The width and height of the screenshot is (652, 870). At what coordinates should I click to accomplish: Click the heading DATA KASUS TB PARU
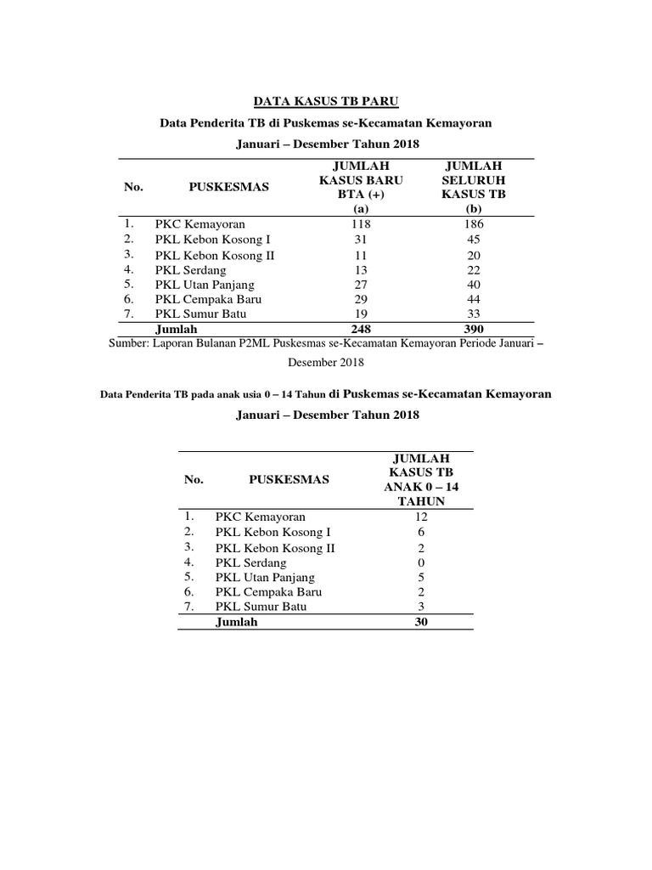[327, 102]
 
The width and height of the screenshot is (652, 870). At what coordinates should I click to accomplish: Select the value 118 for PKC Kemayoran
[361, 224]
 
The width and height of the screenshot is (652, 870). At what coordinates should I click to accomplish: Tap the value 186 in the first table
[474, 224]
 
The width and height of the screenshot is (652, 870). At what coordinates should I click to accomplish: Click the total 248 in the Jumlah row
[361, 328]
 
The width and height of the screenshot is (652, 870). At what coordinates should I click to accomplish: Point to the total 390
[474, 328]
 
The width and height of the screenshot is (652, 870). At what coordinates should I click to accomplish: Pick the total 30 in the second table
[421, 622]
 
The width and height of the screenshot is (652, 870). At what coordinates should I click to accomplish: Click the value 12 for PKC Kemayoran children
[421, 517]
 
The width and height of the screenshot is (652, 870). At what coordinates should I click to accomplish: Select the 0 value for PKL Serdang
[421, 562]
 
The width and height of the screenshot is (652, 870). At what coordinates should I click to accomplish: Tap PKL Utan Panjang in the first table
[205, 285]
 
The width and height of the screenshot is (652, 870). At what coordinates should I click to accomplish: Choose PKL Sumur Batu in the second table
[261, 607]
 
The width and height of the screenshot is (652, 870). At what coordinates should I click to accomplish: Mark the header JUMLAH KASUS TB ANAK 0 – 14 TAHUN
[421, 479]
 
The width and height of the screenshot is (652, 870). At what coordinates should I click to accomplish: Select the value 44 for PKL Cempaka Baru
[474, 300]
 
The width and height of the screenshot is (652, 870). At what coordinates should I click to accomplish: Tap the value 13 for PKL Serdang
[361, 269]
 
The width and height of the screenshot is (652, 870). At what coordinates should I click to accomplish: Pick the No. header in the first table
[133, 187]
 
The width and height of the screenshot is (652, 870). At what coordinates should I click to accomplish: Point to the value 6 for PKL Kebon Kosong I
[421, 532]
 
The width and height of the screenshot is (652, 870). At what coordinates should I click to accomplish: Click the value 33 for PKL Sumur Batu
[474, 314]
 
